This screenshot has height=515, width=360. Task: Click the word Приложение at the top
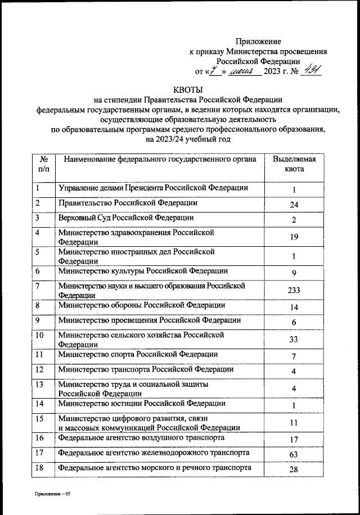point(258,42)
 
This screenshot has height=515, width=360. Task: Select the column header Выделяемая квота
point(294,164)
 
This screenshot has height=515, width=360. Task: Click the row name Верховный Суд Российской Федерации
point(126,218)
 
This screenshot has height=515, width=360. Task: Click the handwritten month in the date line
point(245,71)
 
